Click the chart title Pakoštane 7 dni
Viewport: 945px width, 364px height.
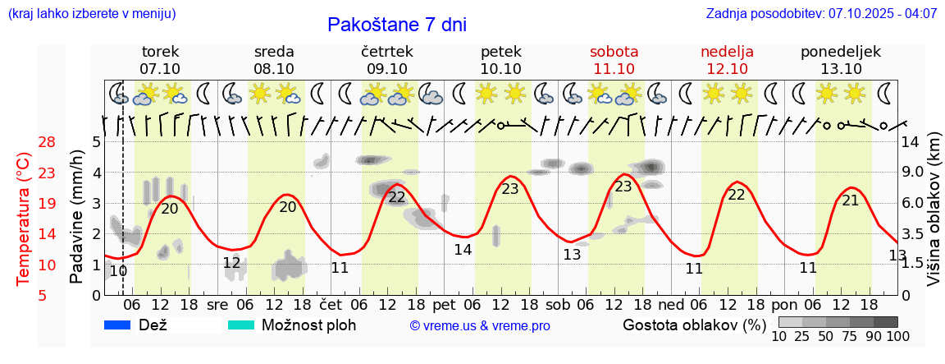tap(396, 25)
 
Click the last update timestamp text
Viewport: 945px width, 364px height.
tap(821, 14)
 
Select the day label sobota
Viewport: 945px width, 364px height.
tap(614, 52)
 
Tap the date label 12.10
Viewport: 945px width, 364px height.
tap(727, 69)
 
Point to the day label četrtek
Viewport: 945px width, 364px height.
tap(386, 52)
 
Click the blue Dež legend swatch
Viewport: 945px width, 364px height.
tap(118, 325)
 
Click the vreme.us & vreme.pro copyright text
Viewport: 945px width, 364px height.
tap(480, 325)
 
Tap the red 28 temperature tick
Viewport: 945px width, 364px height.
tap(47, 142)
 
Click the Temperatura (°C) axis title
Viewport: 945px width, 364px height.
tap(24, 219)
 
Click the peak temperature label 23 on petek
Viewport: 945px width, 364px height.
tap(510, 189)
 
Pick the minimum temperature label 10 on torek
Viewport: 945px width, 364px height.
tap(118, 270)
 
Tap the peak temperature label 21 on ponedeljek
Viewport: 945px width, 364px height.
tap(851, 200)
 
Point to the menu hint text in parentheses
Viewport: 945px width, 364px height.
tap(91, 14)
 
